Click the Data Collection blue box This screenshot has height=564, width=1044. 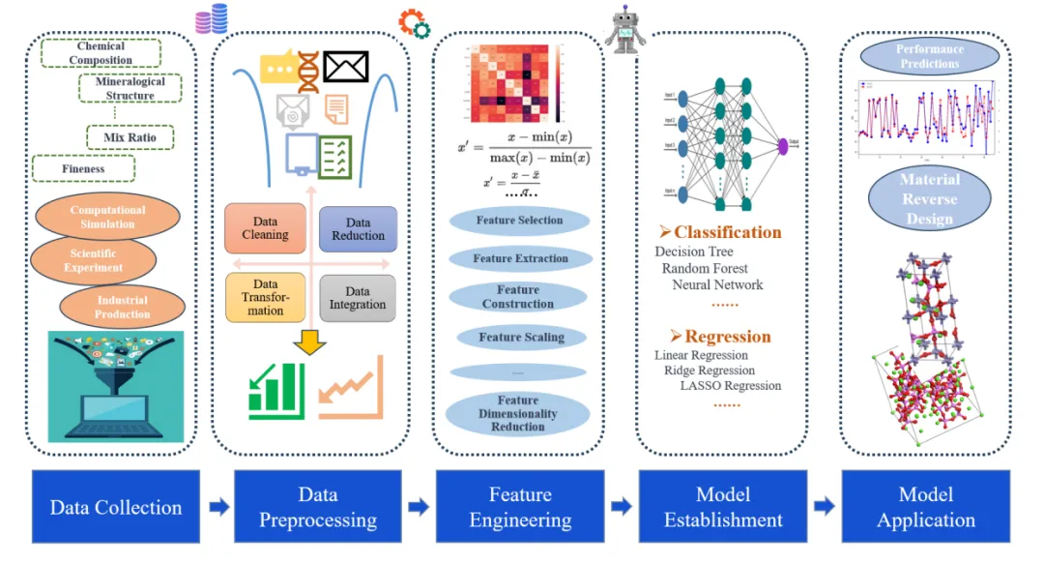click(x=115, y=507)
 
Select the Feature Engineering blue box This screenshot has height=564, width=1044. click(x=520, y=507)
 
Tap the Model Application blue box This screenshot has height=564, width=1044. click(x=925, y=507)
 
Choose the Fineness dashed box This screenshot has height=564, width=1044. click(x=83, y=168)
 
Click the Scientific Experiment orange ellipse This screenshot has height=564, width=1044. click(x=94, y=260)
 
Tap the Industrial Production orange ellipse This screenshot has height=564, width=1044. click(x=122, y=307)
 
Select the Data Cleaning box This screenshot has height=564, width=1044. click(x=265, y=228)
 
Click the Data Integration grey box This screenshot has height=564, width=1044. click(x=358, y=298)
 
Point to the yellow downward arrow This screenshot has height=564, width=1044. click(x=309, y=343)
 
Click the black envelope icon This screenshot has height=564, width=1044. click(x=347, y=67)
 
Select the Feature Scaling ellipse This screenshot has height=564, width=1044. click(x=520, y=338)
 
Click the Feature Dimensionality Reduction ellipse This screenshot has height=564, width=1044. click(x=519, y=413)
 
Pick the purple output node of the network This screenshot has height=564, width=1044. click(x=783, y=145)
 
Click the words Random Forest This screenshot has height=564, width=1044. click(x=705, y=268)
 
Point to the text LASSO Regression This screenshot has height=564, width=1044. click(x=731, y=385)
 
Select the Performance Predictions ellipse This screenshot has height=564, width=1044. click(x=927, y=56)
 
